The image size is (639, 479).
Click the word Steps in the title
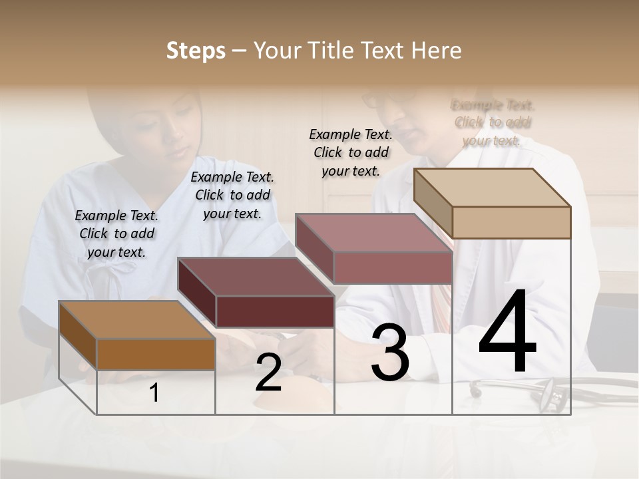pyautogui.click(x=196, y=51)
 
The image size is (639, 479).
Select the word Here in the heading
pyautogui.click(x=436, y=51)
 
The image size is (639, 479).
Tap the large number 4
pyautogui.click(x=507, y=333)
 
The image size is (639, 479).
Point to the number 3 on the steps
pyautogui.click(x=390, y=353)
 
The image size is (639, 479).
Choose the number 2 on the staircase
pyautogui.click(x=268, y=373)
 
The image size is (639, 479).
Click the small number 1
pyautogui.click(x=154, y=393)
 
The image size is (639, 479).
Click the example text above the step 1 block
pyautogui.click(x=116, y=234)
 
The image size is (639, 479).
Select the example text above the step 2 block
pyautogui.click(x=232, y=195)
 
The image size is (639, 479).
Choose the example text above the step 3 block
pyautogui.click(x=351, y=152)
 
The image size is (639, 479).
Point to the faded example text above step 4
pyautogui.click(x=493, y=122)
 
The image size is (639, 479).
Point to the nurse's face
pyautogui.click(x=174, y=133)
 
